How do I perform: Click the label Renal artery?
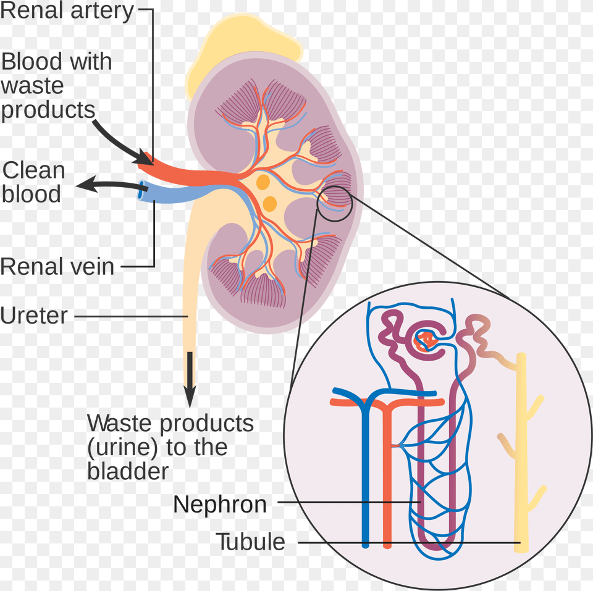(x=67, y=12)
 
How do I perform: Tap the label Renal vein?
(x=57, y=267)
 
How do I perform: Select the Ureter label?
(x=34, y=316)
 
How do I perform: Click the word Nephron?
(x=219, y=505)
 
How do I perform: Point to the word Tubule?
(x=250, y=542)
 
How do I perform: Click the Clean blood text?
(x=33, y=182)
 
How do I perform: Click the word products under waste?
(x=48, y=109)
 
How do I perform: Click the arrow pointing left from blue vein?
(x=105, y=184)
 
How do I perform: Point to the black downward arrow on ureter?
(x=190, y=377)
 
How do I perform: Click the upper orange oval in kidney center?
(x=263, y=182)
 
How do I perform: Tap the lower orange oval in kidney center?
(x=269, y=203)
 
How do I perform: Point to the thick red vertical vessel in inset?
(x=387, y=482)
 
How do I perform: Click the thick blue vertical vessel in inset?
(x=365, y=482)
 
